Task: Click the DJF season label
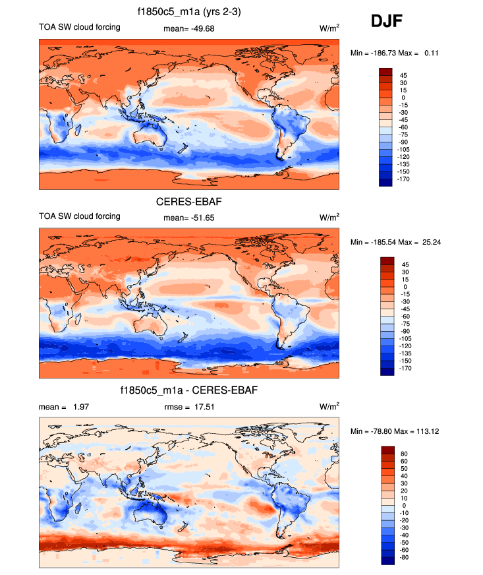click(387, 22)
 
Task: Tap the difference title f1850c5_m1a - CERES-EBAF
click(189, 390)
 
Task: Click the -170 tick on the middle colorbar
click(403, 368)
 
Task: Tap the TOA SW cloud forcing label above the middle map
click(80, 216)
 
